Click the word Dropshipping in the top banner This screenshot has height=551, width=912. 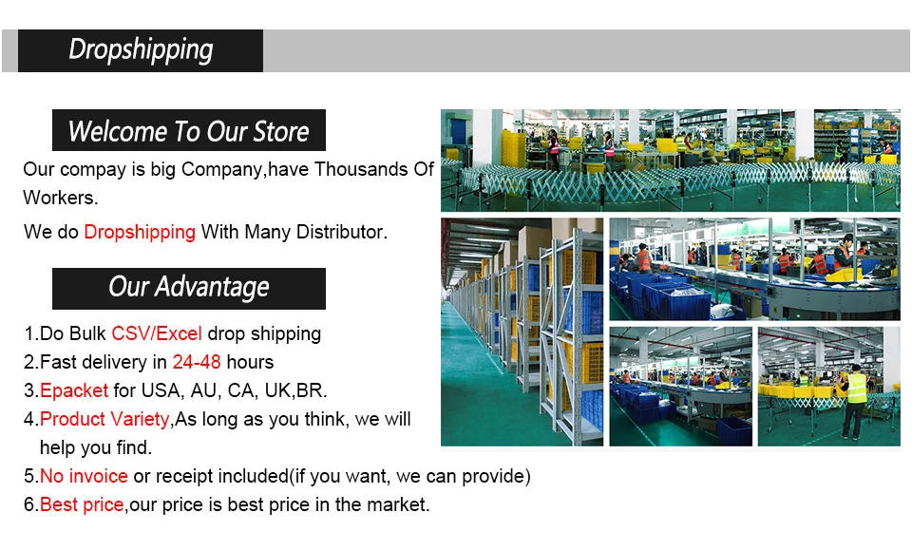(x=141, y=50)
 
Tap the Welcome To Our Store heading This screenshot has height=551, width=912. (x=188, y=131)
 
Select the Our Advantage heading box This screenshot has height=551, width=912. (x=188, y=288)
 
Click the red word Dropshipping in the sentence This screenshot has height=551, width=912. (x=140, y=232)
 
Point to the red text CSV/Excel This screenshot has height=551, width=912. (x=157, y=333)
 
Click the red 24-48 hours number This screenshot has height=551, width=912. (x=197, y=362)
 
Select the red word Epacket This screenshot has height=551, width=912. (x=74, y=390)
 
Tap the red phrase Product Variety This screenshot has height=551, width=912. (x=104, y=419)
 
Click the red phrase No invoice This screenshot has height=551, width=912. (x=84, y=476)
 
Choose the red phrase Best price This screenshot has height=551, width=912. (x=82, y=504)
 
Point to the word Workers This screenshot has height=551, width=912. (x=60, y=199)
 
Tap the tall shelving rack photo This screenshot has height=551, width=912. (x=522, y=332)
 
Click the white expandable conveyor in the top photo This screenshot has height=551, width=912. (x=665, y=180)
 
